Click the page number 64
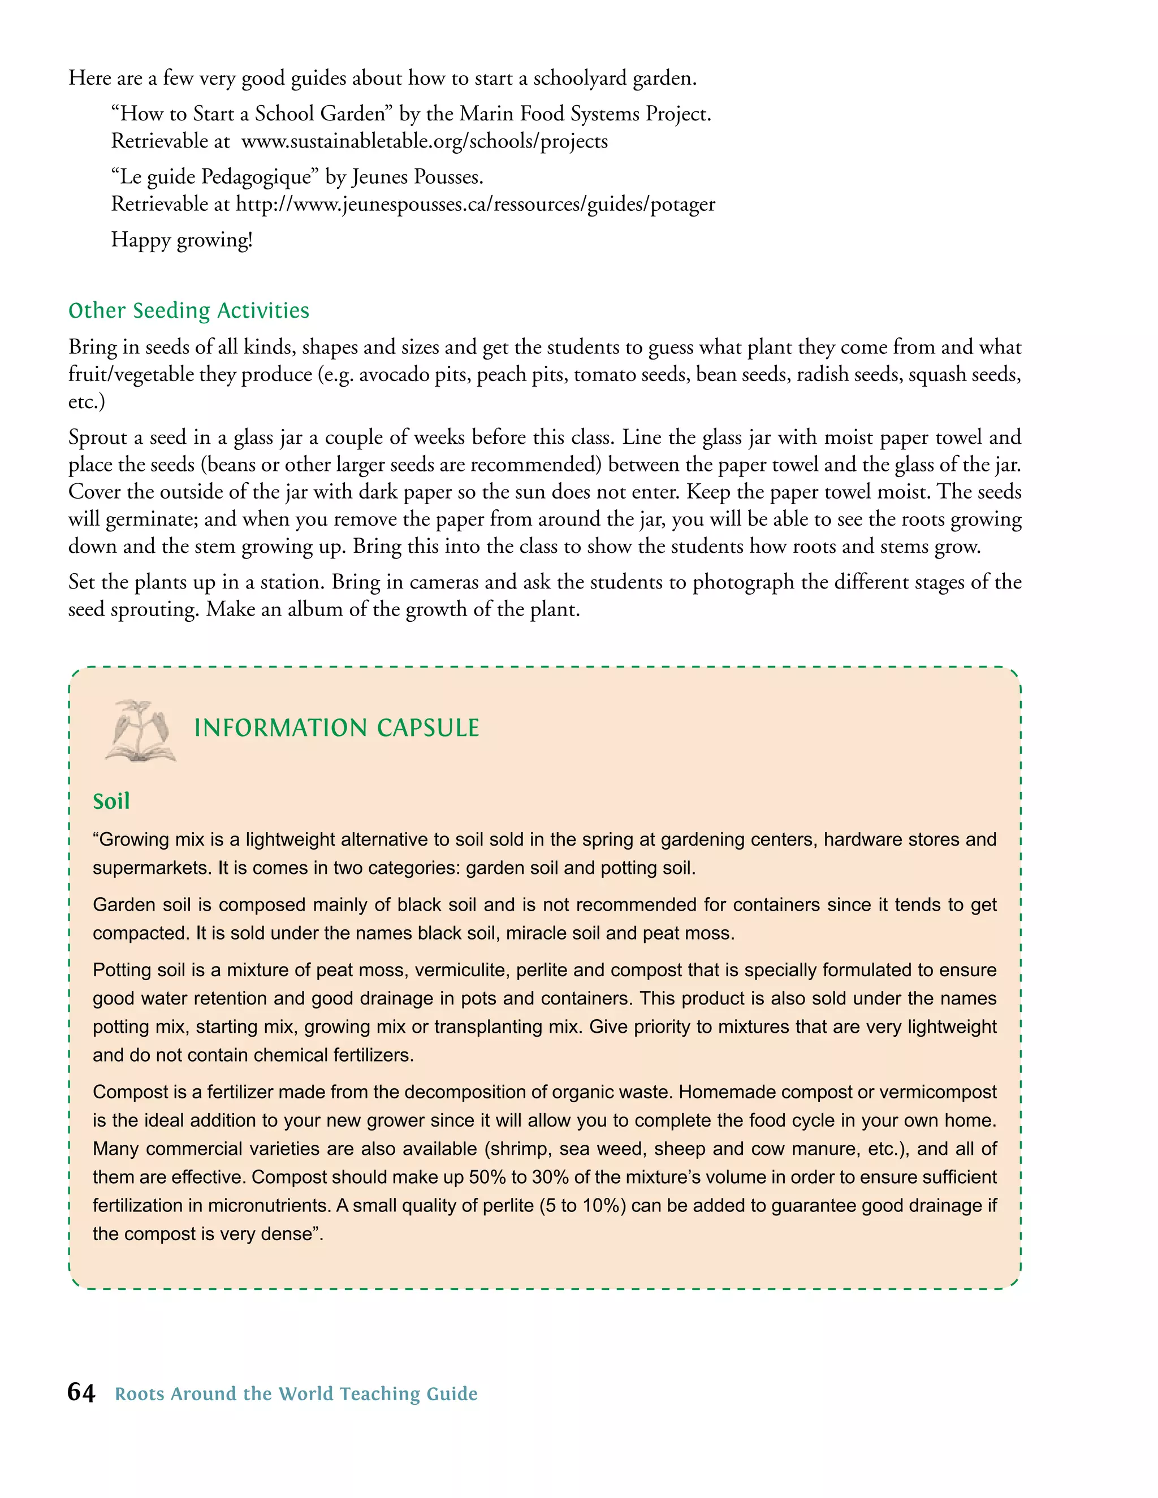(x=81, y=1392)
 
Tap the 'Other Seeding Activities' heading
(x=189, y=311)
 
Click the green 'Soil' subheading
(x=111, y=801)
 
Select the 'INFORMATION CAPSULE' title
(x=336, y=728)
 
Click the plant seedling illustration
(x=141, y=730)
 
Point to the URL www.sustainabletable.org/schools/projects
(x=425, y=141)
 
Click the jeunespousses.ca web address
(x=476, y=205)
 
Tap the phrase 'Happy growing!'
(x=182, y=240)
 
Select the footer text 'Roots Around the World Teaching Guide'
(x=296, y=1394)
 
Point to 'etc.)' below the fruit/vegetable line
(x=87, y=402)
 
